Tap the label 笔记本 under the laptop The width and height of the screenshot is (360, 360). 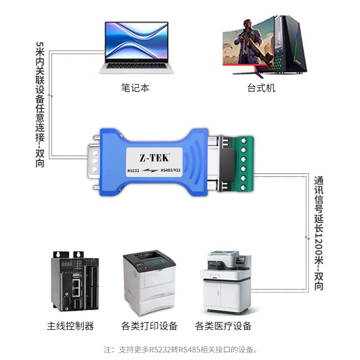click(x=135, y=88)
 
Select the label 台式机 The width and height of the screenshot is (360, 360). click(x=261, y=88)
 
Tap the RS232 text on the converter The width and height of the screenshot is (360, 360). click(x=134, y=171)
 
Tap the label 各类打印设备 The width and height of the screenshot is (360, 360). click(x=149, y=326)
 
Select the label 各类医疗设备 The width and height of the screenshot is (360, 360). click(x=223, y=326)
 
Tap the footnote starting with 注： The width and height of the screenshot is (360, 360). click(x=180, y=349)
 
